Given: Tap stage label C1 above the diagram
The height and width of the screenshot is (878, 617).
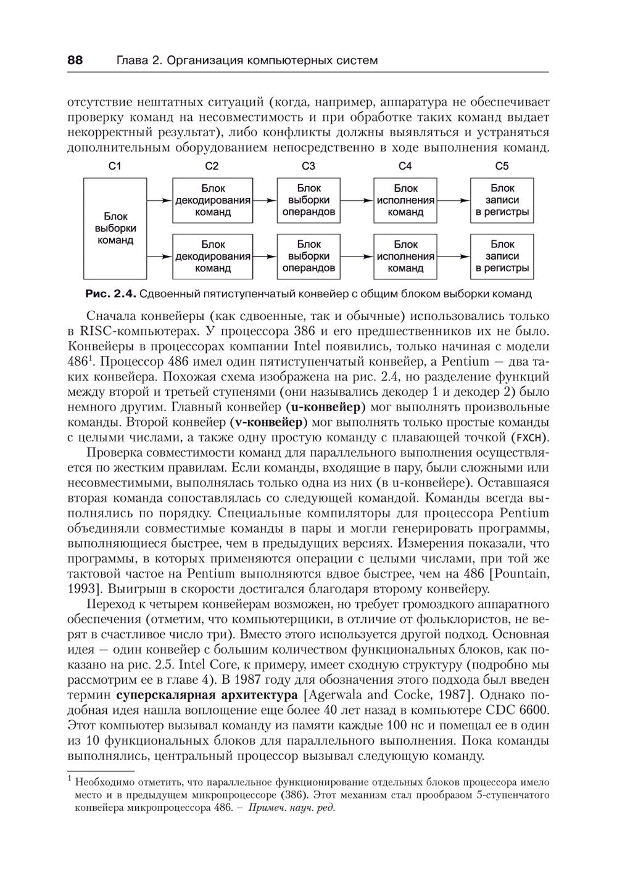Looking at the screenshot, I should tap(115, 166).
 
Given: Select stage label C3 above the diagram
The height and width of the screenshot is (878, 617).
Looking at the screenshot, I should tap(308, 166).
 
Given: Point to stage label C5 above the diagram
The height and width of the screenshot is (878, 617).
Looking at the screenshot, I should tap(502, 166).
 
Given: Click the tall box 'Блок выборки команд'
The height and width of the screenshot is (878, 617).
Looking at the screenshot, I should tap(115, 229).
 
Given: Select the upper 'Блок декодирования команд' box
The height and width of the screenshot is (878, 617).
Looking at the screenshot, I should tap(212, 200).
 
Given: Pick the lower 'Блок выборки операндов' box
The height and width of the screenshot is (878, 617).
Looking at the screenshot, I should tap(308, 256).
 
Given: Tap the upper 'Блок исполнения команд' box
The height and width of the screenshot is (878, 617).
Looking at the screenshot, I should tap(405, 200).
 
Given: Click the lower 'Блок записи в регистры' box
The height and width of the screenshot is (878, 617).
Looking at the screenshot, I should tap(502, 256).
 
